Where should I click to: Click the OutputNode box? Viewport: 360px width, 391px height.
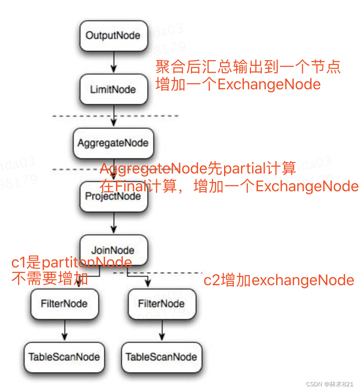(x=113, y=35)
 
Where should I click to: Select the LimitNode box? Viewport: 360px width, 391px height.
(x=113, y=90)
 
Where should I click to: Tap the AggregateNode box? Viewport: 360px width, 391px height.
(x=113, y=143)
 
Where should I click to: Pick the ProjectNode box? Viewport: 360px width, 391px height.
(x=113, y=197)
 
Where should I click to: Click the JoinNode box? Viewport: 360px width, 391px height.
(x=113, y=250)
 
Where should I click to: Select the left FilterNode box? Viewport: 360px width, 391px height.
(x=64, y=304)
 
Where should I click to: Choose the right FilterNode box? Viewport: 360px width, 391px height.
(x=161, y=304)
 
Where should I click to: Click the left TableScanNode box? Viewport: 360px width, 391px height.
(x=64, y=357)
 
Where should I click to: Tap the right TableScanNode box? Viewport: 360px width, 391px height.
(x=161, y=357)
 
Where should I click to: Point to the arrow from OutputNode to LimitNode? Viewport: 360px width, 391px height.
(x=113, y=63)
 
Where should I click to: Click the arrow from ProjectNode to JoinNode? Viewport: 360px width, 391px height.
(x=113, y=223)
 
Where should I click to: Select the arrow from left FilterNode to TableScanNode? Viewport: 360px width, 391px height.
(x=64, y=330)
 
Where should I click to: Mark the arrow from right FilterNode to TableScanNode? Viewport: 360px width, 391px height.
(x=161, y=330)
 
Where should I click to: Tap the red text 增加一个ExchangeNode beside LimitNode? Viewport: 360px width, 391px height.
(x=238, y=84)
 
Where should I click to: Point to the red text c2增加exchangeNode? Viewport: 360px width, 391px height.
(x=279, y=280)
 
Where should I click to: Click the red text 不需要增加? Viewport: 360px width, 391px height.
(x=50, y=279)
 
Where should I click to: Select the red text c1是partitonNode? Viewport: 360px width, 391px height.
(x=71, y=263)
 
